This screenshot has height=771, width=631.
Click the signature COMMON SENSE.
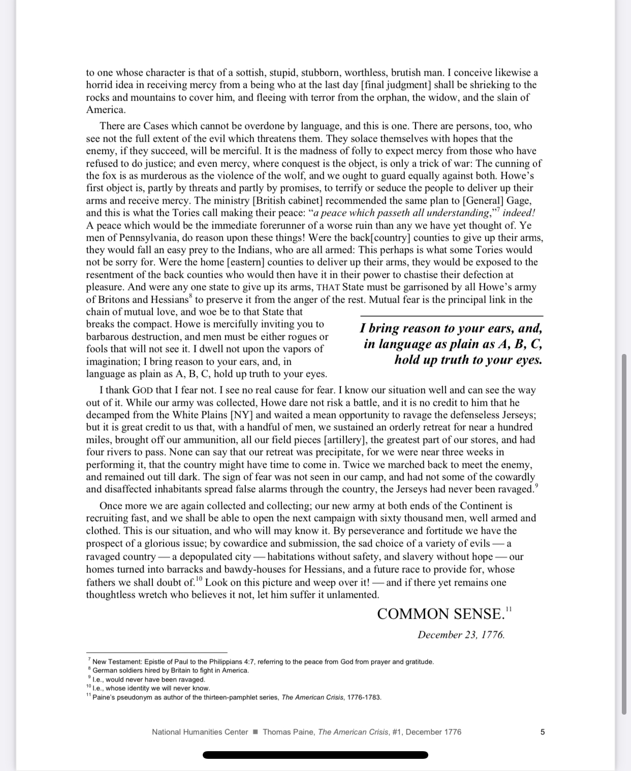[440, 614]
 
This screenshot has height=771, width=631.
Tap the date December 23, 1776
[461, 635]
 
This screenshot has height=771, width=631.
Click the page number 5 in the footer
[543, 732]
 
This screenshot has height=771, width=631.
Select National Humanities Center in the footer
[200, 732]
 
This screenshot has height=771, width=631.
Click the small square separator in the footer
[256, 732]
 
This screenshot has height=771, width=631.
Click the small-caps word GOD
[143, 391]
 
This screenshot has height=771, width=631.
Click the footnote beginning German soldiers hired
[170, 670]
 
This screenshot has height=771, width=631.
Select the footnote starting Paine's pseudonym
[236, 697]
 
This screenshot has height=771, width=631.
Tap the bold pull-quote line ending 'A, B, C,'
[453, 344]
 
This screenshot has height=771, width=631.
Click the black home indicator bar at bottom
[315, 755]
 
